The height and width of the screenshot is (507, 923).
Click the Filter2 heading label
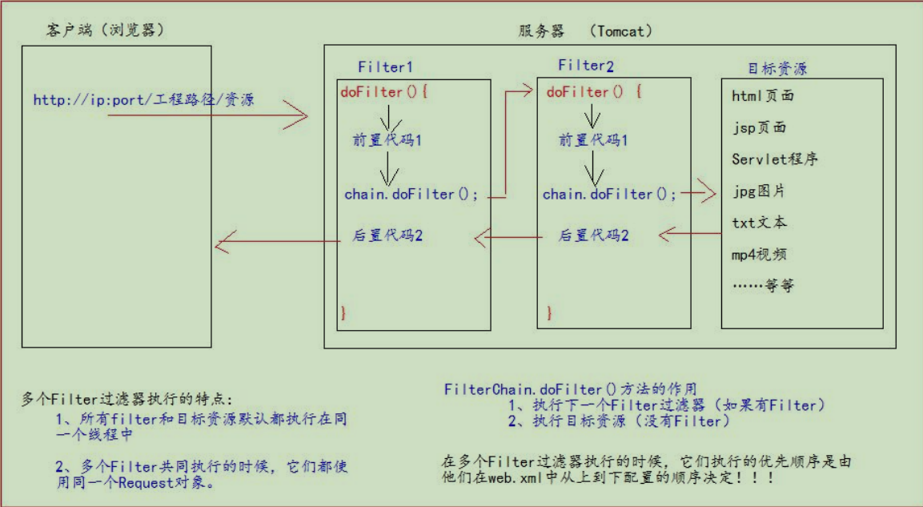(587, 66)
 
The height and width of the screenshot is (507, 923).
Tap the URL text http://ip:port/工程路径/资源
(144, 100)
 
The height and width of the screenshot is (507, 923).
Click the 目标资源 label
(777, 68)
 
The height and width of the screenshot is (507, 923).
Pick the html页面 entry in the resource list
(762, 96)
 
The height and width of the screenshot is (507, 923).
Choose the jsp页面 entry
(758, 127)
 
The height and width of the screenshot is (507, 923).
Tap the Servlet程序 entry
(774, 159)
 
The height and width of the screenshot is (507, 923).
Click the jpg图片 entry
(758, 191)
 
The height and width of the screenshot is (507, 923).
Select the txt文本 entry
(758, 223)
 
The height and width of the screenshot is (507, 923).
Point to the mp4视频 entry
(758, 255)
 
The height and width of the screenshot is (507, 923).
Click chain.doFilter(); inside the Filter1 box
(411, 195)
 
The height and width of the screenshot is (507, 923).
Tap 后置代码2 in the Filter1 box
(387, 236)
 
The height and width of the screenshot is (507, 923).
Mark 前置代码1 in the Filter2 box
(592, 140)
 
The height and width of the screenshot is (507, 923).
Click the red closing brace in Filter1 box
(343, 312)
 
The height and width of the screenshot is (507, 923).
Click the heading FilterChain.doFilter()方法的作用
(571, 389)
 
